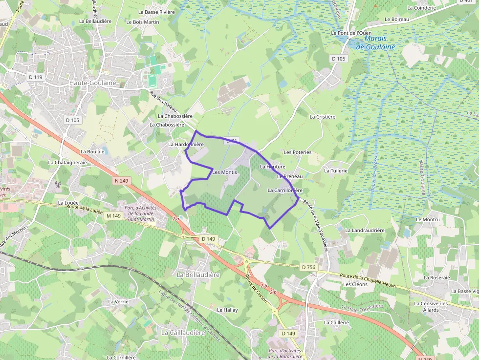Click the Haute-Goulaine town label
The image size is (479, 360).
(93, 83)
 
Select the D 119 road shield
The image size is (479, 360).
(36, 77)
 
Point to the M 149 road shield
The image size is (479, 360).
(113, 216)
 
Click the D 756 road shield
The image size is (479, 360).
(308, 267)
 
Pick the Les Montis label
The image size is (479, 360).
(225, 172)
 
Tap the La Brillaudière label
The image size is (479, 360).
(198, 275)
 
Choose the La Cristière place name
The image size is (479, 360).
(323, 117)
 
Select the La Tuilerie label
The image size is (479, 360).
(336, 170)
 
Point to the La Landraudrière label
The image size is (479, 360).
(365, 230)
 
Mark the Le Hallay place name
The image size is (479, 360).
(227, 310)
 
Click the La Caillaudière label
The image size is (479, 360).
(183, 332)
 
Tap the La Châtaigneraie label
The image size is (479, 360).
(67, 162)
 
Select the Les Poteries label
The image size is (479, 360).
(297, 152)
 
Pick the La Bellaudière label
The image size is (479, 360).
(95, 21)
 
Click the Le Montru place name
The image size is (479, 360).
(428, 220)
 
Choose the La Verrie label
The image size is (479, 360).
(118, 301)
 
